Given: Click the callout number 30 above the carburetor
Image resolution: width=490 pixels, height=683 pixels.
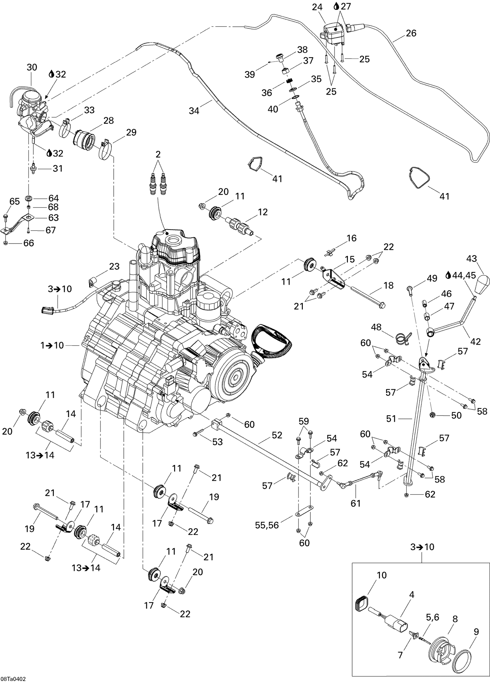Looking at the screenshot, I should pos(32,67).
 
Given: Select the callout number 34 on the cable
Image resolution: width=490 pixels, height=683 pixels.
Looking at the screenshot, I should pos(194,111).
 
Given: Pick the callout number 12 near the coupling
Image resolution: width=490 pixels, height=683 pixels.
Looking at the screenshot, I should pos(262,212).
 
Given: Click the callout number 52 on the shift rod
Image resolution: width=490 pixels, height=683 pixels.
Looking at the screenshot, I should pos(277,436).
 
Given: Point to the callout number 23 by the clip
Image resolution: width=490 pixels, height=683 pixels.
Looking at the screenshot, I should pos(114,266).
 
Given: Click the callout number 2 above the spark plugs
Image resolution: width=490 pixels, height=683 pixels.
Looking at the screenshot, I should pos(158,154).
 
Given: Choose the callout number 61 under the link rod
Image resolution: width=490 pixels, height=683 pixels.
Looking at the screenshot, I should pos(355,503).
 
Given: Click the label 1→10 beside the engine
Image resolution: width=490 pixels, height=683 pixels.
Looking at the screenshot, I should pos(52,345).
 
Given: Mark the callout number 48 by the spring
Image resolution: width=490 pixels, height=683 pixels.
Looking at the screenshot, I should pos(376,327).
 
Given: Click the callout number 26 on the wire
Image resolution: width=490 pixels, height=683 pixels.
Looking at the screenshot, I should pos(411,33).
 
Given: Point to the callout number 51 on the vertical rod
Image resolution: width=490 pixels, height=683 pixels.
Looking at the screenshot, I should pos(391,419).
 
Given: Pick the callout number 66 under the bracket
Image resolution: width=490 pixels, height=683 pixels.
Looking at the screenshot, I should pos(28,243).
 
